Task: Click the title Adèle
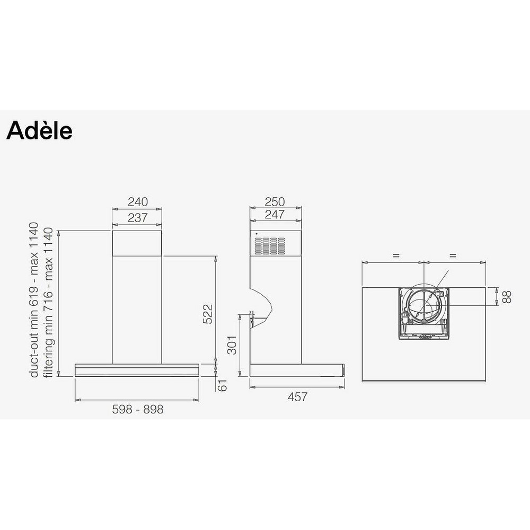(x=39, y=130)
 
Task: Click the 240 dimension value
(x=138, y=202)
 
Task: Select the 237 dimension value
(x=138, y=218)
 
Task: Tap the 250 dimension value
(x=275, y=202)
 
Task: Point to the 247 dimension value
(x=275, y=214)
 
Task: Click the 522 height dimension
(x=208, y=314)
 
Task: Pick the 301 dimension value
(x=232, y=345)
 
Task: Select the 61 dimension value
(x=222, y=385)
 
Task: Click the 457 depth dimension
(x=298, y=397)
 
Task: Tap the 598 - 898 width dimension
(x=138, y=409)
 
